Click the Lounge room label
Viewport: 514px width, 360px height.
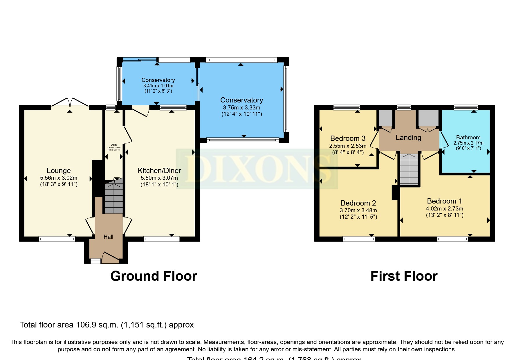[x=59, y=171]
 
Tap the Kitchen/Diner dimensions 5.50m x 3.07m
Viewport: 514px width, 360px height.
[x=159, y=178]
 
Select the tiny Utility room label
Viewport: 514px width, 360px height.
[x=114, y=145]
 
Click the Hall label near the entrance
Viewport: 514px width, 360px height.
[x=108, y=237]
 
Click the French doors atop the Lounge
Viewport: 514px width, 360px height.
[x=70, y=102]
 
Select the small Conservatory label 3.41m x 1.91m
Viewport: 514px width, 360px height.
[x=158, y=80]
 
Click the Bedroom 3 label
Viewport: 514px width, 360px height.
[x=348, y=138]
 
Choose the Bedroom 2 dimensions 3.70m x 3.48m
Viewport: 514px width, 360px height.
[x=358, y=210]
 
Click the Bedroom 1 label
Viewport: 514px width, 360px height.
[x=444, y=201]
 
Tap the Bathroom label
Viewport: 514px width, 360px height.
[x=468, y=138]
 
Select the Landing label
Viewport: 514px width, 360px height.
[x=408, y=138]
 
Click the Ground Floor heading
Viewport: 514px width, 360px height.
[x=154, y=276]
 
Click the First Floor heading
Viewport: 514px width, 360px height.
[x=404, y=276]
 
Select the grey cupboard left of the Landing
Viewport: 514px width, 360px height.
[x=386, y=118]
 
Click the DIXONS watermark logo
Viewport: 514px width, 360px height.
[x=257, y=169]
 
